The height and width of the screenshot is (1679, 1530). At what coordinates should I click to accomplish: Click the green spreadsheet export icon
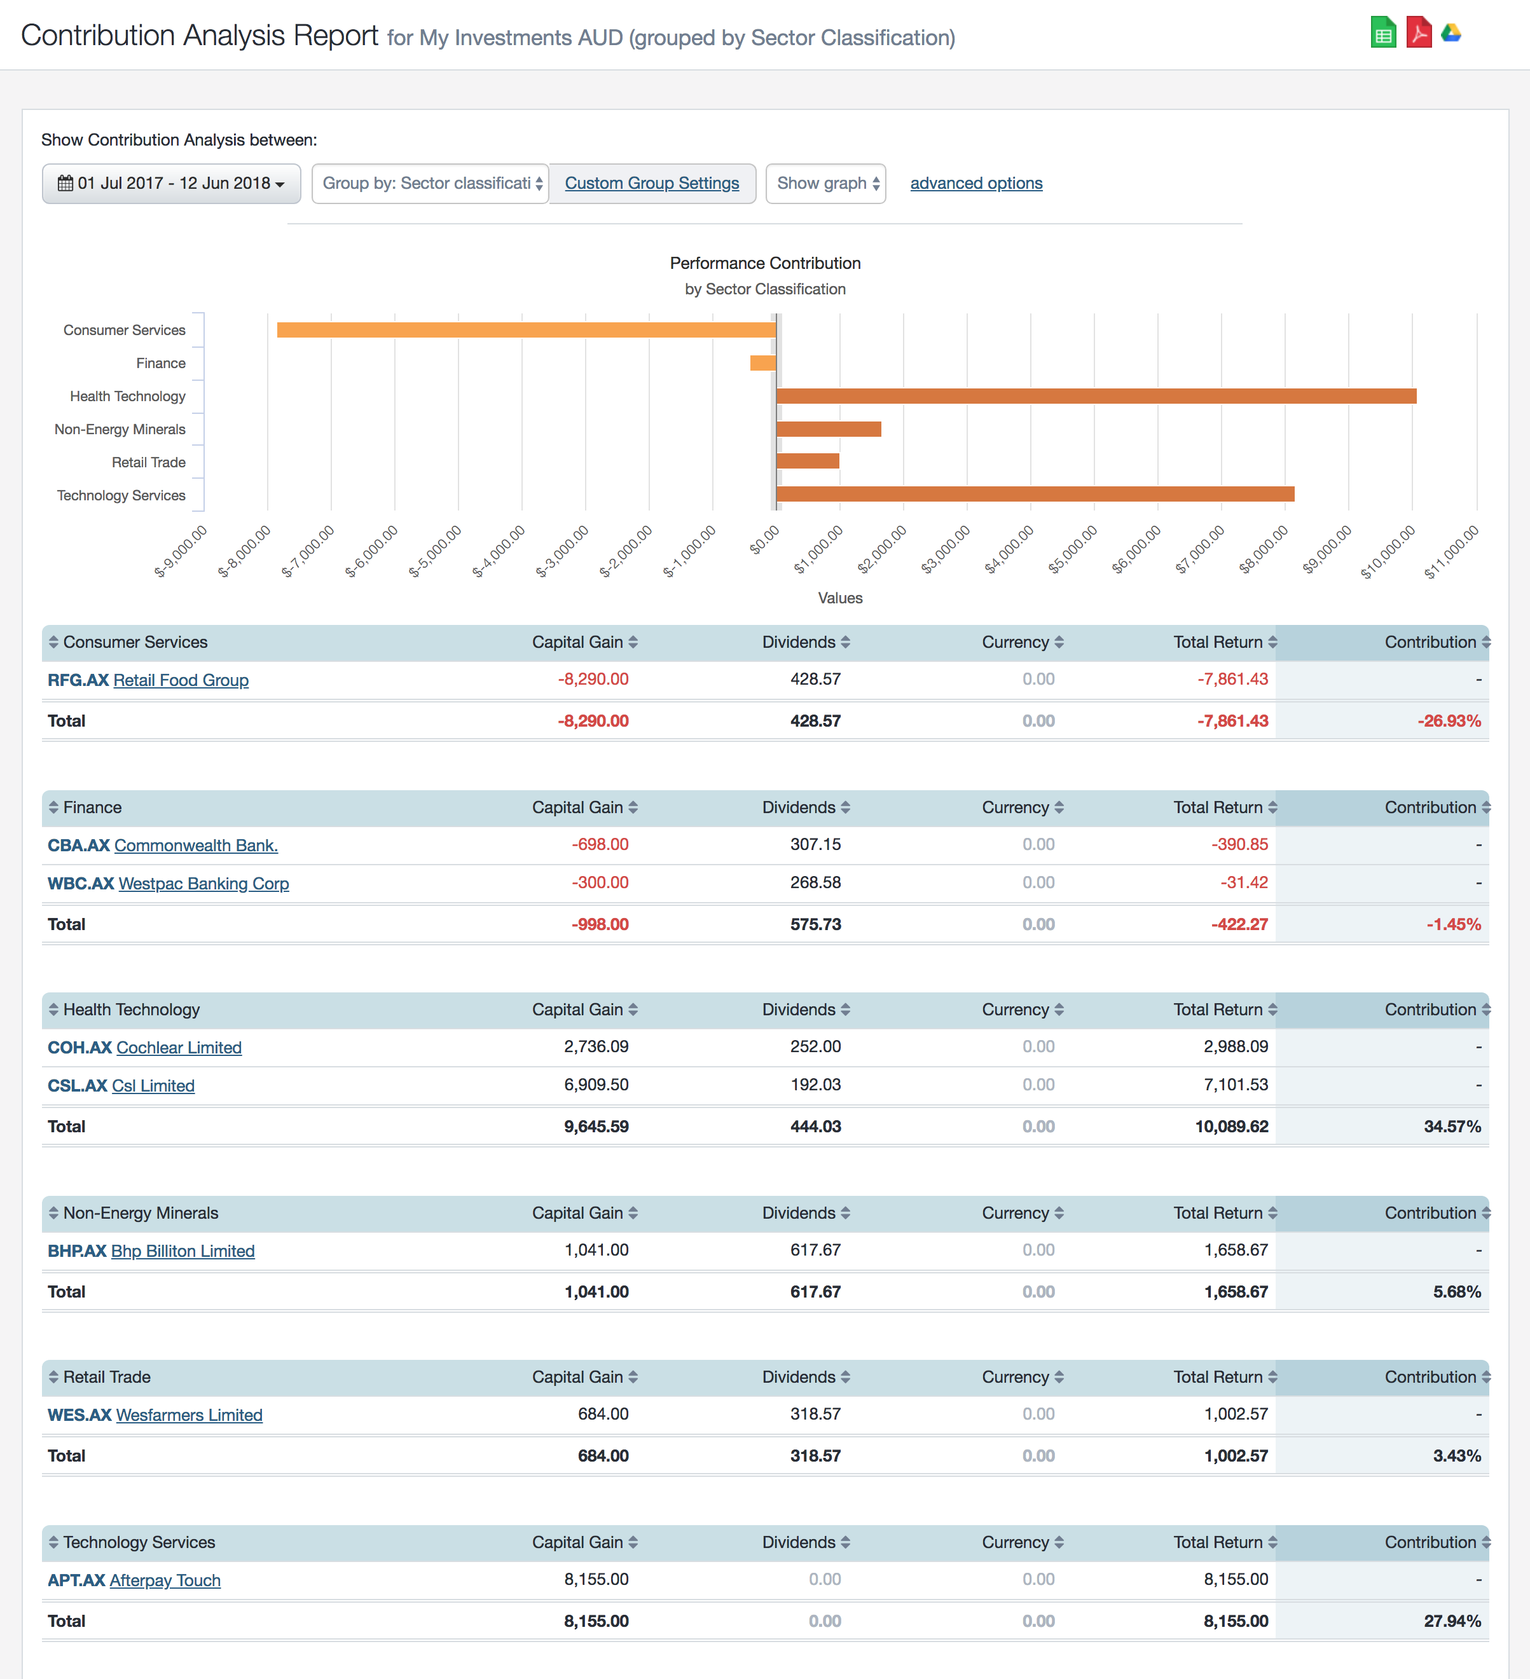coord(1382,33)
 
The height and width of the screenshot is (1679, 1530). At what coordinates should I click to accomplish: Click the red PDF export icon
coord(1418,33)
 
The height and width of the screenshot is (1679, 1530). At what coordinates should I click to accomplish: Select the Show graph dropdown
coord(825,183)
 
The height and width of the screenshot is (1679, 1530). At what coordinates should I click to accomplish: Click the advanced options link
coord(975,183)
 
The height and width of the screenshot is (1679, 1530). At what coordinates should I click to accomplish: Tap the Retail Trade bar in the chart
coord(807,462)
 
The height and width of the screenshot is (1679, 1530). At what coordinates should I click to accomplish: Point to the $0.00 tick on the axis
coord(764,539)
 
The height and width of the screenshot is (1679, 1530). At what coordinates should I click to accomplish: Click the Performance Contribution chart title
coord(764,263)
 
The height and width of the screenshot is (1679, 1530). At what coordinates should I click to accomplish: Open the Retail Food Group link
coord(181,680)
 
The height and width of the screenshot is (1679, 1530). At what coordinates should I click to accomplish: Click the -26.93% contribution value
coord(1449,721)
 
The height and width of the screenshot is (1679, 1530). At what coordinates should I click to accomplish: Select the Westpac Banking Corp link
coord(203,884)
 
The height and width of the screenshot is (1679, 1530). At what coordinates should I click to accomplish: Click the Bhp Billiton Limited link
coord(183,1251)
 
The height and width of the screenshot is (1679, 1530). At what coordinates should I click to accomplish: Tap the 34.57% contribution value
coord(1452,1127)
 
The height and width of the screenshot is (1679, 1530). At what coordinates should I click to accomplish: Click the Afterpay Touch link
coord(164,1580)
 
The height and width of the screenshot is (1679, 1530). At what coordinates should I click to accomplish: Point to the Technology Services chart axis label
coord(121,495)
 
